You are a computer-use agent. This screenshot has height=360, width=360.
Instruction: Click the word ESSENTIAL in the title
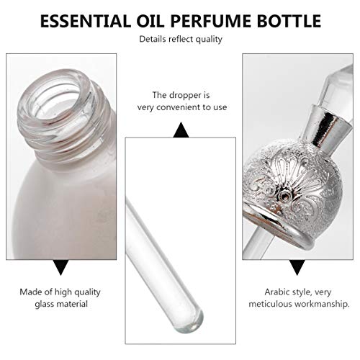tap(85, 21)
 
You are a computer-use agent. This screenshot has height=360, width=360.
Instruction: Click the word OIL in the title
tap(150, 21)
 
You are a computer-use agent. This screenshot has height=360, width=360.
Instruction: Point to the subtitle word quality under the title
tap(209, 40)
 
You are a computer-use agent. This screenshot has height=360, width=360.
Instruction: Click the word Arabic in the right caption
tap(277, 292)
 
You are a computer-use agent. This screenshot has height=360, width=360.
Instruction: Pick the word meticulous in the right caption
tap(270, 304)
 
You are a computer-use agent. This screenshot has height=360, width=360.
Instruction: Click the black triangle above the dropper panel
tap(181, 130)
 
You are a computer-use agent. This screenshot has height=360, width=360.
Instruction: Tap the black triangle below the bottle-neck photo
tap(61, 267)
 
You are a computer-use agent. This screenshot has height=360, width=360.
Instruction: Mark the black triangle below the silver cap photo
tap(297, 267)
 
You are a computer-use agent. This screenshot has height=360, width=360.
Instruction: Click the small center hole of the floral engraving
tap(284, 196)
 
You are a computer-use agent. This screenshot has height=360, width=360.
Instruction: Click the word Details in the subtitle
tap(153, 39)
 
